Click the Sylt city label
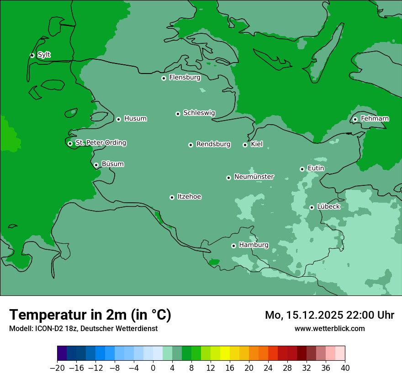click(x=44, y=55)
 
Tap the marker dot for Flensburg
click(x=164, y=78)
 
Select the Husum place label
click(x=135, y=119)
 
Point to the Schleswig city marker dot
click(x=178, y=114)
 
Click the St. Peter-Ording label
click(x=100, y=143)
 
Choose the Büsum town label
click(x=112, y=164)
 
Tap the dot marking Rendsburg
click(x=190, y=145)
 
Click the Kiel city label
click(x=257, y=144)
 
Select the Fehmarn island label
click(x=375, y=119)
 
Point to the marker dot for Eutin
click(x=302, y=169)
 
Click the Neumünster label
click(x=254, y=177)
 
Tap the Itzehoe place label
click(x=189, y=197)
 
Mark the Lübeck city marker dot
click(x=312, y=207)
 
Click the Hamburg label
click(x=254, y=245)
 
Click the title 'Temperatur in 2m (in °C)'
click(x=90, y=315)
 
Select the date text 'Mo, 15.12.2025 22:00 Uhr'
click(x=329, y=315)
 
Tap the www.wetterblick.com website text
click(x=329, y=328)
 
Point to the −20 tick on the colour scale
click(x=57, y=368)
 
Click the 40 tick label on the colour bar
click(x=345, y=368)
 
